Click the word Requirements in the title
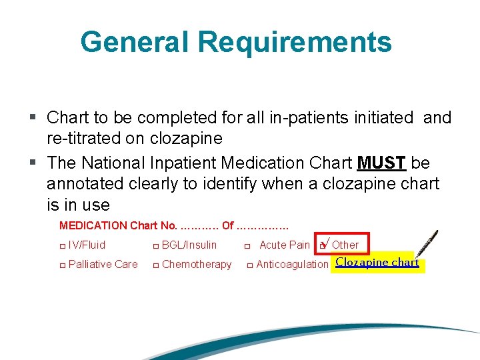point(295,41)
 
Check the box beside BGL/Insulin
point(155,245)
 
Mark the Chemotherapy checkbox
point(155,265)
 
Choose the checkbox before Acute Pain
point(247,245)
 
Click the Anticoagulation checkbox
point(250,265)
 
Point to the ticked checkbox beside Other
point(323,245)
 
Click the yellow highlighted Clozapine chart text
point(377,263)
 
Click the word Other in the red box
point(345,245)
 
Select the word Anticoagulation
point(292,265)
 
